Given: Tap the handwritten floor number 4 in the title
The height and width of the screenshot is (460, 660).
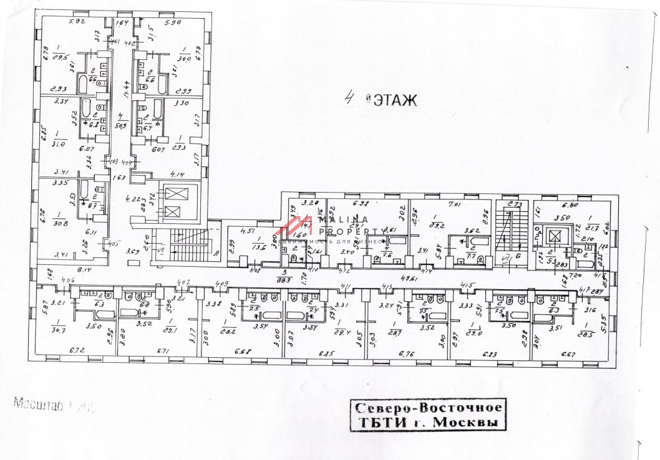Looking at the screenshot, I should pos(352,98).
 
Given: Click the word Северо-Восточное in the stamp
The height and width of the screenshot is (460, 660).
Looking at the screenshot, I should pos(428,408).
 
